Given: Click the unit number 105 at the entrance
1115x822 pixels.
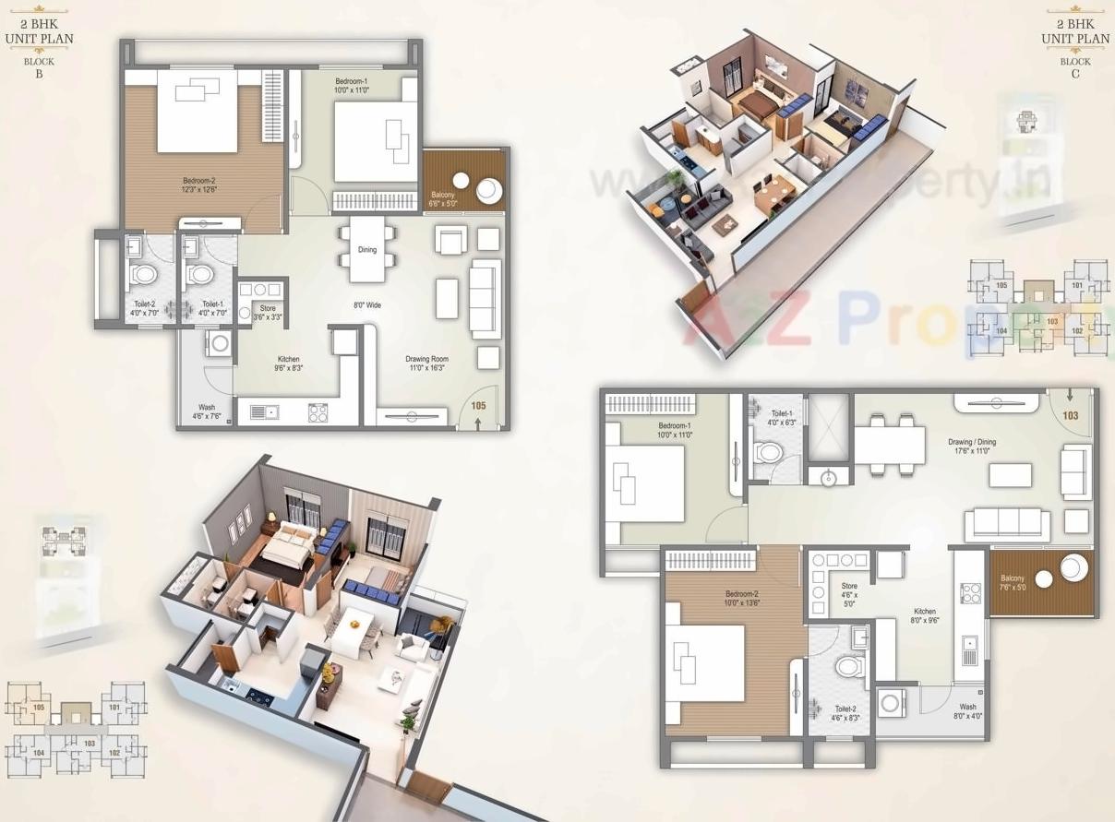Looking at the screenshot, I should click(x=478, y=404).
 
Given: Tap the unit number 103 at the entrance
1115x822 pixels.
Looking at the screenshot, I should click(x=1070, y=416).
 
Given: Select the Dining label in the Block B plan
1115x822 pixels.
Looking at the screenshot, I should click(x=367, y=250).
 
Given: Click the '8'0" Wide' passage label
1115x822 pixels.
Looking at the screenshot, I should click(x=367, y=305).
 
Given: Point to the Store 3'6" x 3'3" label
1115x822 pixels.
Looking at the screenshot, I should click(x=268, y=313).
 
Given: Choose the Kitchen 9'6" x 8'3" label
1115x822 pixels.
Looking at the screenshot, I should click(x=289, y=363).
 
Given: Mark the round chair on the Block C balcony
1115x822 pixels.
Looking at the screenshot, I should click(x=1073, y=566).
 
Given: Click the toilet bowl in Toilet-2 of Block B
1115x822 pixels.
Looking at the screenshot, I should click(x=144, y=274).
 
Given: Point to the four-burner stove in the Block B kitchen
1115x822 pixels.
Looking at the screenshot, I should click(x=318, y=412).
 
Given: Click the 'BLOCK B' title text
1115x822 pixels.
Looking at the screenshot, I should click(x=39, y=67).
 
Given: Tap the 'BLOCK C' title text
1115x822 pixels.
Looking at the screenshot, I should click(x=1075, y=67).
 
